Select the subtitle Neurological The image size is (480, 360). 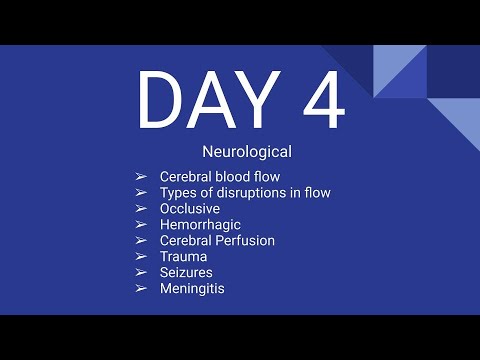coord(245,153)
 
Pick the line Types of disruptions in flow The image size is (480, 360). coord(245,193)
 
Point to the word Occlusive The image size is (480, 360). coord(190,209)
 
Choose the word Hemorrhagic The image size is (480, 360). coord(200,225)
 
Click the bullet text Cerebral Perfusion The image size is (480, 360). coord(217,241)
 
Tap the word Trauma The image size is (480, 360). coord(183,257)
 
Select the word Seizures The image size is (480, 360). coord(186,272)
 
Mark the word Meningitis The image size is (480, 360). coord(192,288)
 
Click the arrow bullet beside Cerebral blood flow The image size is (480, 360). coord(141,177)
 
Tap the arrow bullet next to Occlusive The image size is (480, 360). coord(141,209)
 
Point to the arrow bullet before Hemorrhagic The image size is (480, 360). coord(141,225)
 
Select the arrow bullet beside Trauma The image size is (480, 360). coord(141,257)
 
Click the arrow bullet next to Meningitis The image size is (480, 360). coord(141,288)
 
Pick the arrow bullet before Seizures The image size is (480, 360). coord(141,272)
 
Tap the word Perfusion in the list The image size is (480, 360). coord(245,241)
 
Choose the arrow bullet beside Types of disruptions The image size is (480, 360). coord(141,193)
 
